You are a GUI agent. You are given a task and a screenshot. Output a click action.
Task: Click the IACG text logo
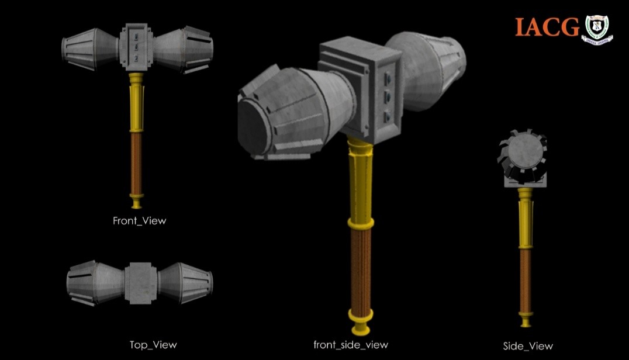coord(547,27)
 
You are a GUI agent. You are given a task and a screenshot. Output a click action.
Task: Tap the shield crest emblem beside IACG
coord(597,29)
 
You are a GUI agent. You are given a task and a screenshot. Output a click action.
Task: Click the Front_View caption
coord(139,221)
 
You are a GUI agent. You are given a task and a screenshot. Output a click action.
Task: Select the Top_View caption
coord(153,345)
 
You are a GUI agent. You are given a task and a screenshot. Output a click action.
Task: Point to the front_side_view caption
coord(351,345)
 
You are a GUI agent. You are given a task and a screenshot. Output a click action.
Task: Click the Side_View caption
coord(528,346)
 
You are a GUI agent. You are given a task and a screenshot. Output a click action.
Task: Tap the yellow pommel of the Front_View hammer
coord(137,202)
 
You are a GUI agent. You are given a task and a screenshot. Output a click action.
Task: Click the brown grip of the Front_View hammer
coord(137,164)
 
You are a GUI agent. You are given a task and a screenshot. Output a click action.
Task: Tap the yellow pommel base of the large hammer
coord(361,319)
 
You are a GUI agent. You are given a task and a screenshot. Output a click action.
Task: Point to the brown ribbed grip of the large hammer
coord(361,266)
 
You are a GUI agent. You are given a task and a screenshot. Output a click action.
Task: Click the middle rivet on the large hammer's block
coord(386,96)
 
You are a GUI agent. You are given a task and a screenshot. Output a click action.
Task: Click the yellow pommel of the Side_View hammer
coord(526,320)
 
